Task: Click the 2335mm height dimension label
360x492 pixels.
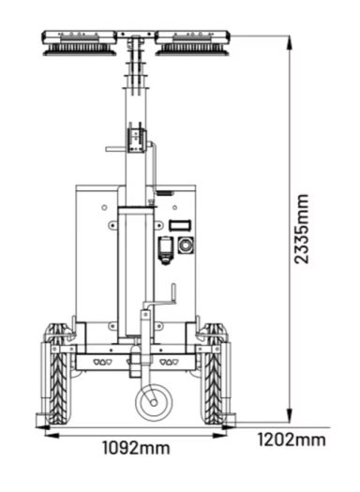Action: pos(302,229)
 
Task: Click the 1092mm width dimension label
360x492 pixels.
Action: pos(136,448)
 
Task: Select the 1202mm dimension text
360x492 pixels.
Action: pos(292,440)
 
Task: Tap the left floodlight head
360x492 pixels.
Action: pos(79,43)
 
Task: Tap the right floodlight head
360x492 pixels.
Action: pos(193,43)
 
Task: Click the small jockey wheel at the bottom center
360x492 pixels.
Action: pos(154,403)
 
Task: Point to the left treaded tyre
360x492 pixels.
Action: pos(58,373)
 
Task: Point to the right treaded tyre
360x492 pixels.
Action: pos(215,373)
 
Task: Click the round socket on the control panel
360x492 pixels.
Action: pos(186,245)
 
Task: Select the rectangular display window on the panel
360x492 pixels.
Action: pos(180,225)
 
